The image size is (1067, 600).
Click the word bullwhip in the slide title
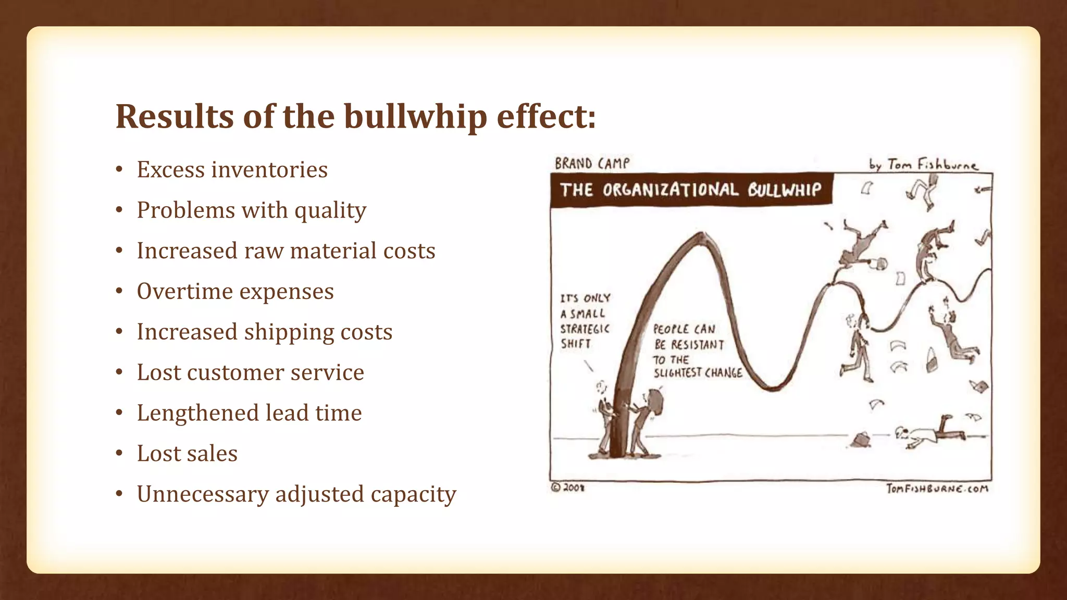[x=415, y=117]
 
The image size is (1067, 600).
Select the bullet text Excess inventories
[x=232, y=170]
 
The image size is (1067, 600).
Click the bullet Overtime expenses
[x=235, y=291]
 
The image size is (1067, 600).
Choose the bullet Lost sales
[x=187, y=454]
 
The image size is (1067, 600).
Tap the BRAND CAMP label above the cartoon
[x=592, y=164]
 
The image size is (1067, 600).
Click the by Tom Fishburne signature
[x=923, y=165]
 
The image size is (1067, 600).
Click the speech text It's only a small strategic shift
[x=585, y=321]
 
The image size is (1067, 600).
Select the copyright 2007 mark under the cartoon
[x=568, y=488]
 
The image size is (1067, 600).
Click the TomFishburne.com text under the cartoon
[x=937, y=489]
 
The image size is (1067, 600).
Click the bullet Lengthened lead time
[x=249, y=413]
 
